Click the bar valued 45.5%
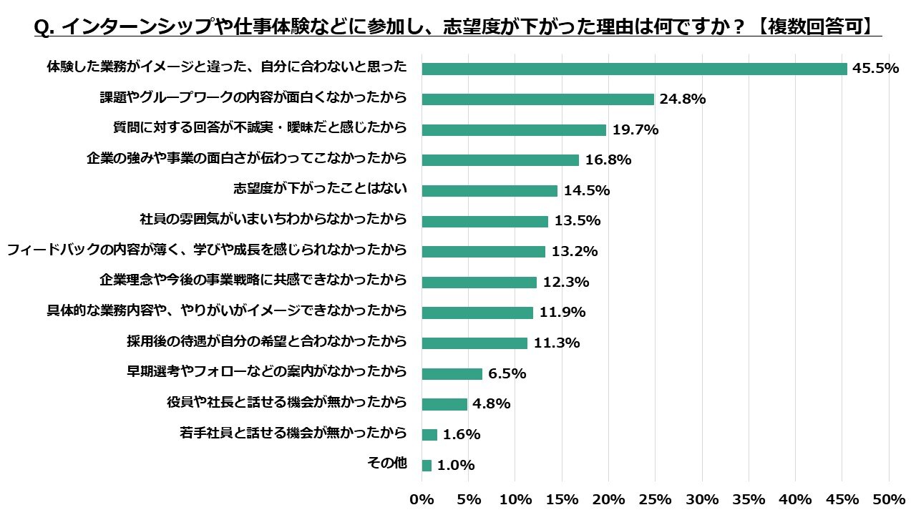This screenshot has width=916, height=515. [x=634, y=69]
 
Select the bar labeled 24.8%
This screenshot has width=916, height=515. [x=537, y=99]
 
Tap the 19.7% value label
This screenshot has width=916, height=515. [x=635, y=129]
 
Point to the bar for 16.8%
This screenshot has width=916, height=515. [x=500, y=160]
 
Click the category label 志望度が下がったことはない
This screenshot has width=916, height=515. [x=320, y=188]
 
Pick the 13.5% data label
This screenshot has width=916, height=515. [x=578, y=221]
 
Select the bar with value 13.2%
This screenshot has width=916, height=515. [x=483, y=252]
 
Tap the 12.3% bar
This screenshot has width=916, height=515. [x=479, y=282]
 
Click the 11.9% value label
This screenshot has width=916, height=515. [x=562, y=313]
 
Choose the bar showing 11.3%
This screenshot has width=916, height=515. [x=474, y=343]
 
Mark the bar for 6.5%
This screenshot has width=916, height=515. [x=452, y=373]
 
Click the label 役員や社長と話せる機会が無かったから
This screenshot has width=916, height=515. [x=287, y=402]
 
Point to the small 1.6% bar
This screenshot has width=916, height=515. [x=429, y=435]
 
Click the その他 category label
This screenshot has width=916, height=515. [x=387, y=463]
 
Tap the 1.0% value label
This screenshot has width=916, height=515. [x=456, y=465]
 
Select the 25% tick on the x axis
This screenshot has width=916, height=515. [x=655, y=499]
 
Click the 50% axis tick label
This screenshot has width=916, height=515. [x=889, y=499]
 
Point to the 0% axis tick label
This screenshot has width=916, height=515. [x=422, y=499]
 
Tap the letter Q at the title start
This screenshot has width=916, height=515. [x=42, y=28]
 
